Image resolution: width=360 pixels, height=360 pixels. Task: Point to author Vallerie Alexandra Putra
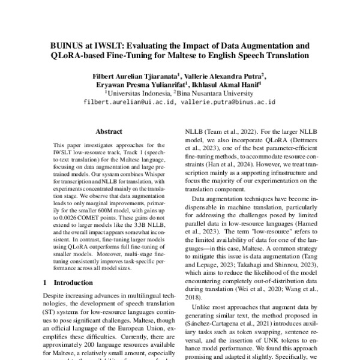pyautogui.click(x=219, y=77)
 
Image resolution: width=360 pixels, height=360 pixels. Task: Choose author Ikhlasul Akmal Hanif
pyautogui.click(x=230, y=85)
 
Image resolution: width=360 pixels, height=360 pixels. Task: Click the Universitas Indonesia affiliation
pyautogui.click(x=138, y=94)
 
